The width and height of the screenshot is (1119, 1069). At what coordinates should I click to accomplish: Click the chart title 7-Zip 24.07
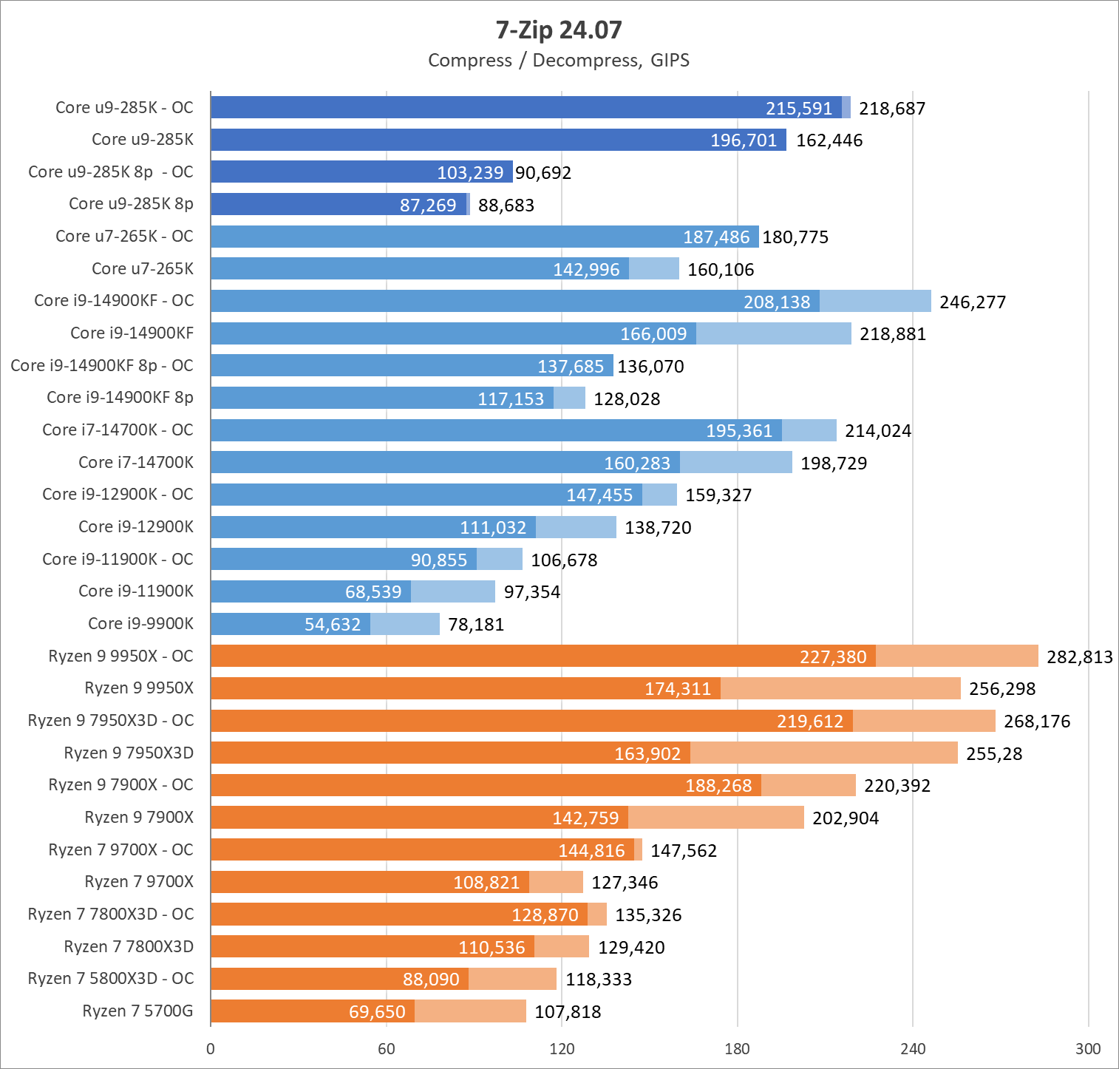point(559,30)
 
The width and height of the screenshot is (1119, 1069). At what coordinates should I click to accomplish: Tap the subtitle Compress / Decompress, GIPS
point(559,61)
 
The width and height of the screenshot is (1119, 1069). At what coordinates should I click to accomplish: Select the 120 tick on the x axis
point(562,1048)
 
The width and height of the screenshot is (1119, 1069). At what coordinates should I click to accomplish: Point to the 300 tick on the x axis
point(1088,1048)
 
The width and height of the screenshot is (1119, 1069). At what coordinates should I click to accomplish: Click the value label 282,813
point(1079,657)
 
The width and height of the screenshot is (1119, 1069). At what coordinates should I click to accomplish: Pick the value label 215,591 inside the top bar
point(799,109)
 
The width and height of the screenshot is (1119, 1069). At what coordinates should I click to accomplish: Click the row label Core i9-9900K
point(140,624)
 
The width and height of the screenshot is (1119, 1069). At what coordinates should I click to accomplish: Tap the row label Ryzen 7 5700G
point(137,1011)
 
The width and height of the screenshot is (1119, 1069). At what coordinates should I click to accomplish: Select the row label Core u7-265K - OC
point(124,237)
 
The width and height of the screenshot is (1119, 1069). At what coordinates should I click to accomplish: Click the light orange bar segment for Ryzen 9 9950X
point(840,688)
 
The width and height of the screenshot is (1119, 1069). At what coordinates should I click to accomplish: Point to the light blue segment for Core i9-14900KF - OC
point(875,301)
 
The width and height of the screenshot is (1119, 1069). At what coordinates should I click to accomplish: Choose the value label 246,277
point(973,302)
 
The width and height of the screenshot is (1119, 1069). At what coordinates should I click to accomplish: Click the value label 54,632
point(333,625)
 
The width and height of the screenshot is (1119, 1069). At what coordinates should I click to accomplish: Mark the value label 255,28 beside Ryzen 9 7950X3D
point(994,754)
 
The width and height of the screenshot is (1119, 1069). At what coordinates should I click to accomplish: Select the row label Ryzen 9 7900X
point(139,818)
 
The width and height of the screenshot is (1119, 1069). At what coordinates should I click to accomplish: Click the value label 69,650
point(377,1012)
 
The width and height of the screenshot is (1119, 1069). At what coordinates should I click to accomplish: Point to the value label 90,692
point(543,173)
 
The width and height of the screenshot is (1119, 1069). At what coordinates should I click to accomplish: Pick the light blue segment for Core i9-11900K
point(453,591)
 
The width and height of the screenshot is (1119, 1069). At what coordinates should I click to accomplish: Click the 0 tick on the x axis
point(211,1048)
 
